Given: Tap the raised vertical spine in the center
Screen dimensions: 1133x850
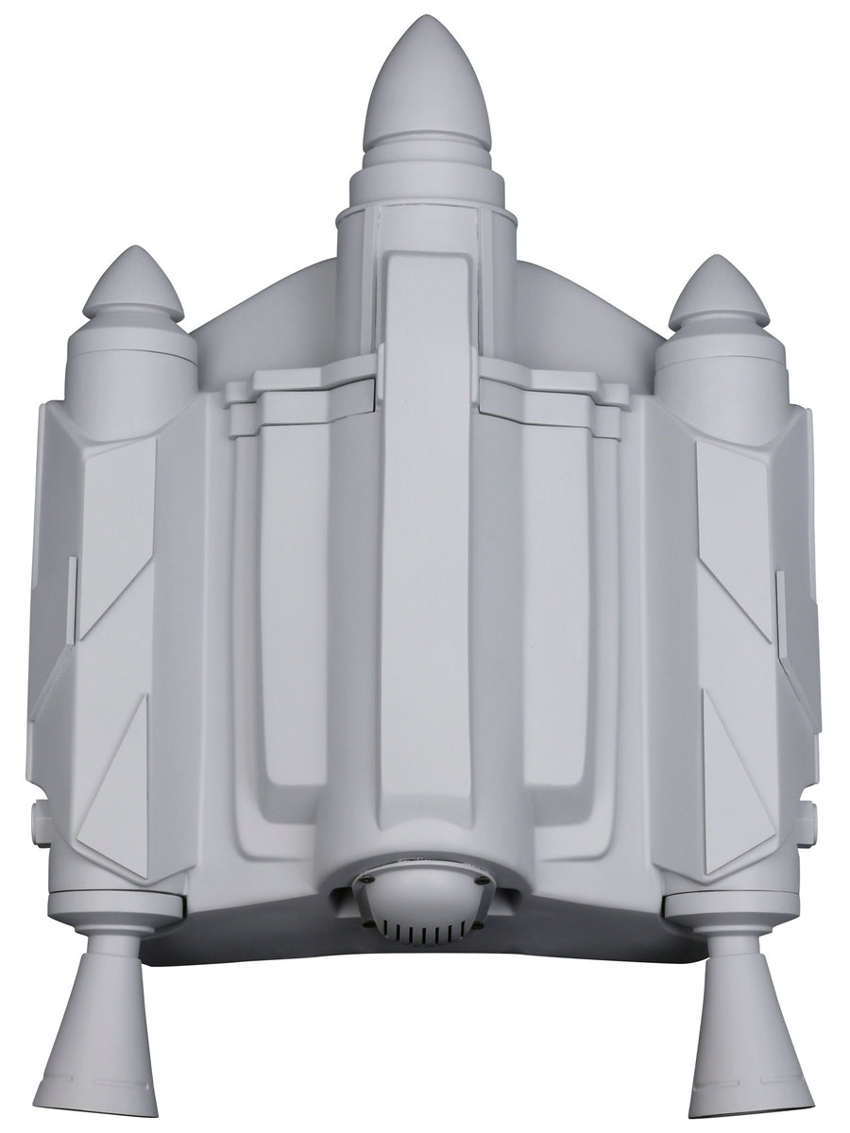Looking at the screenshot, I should coord(426,529).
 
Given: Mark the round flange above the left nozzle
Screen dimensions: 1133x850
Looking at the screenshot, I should coord(109,905).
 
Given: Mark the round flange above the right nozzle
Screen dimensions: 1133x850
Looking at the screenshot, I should coord(737,907).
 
